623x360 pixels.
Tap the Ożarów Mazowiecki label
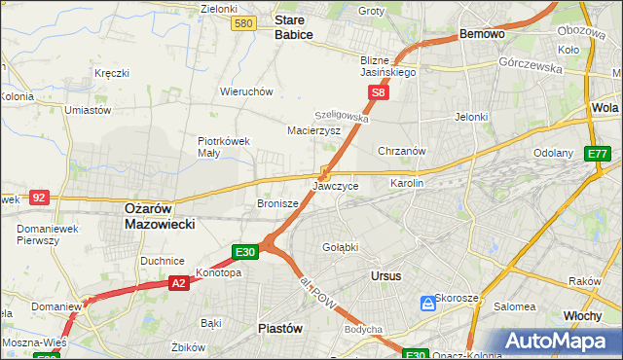(x=160, y=215)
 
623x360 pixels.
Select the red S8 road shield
(x=379, y=93)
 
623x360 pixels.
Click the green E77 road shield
(x=597, y=154)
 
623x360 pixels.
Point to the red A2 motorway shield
(x=177, y=283)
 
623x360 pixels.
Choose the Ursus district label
(x=385, y=275)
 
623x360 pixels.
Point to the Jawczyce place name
(x=336, y=185)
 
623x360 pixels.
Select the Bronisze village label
(x=276, y=204)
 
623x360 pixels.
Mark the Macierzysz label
(x=312, y=129)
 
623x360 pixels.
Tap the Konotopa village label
(x=218, y=272)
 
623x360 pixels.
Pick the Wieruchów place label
(x=245, y=91)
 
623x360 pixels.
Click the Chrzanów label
(x=402, y=152)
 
